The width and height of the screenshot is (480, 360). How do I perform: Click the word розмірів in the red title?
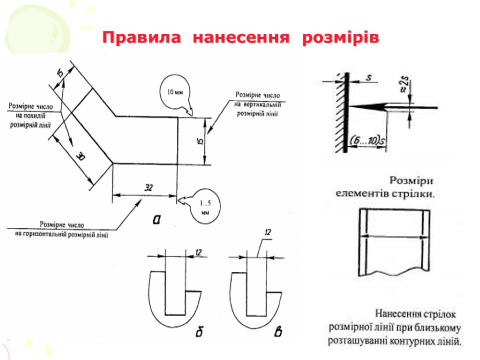click(340, 37)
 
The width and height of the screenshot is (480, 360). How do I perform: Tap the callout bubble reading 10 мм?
click(175, 92)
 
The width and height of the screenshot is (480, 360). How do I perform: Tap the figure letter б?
click(199, 332)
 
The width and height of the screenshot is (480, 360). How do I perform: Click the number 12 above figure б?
click(198, 253)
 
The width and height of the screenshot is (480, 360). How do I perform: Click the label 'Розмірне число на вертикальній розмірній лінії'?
click(257, 104)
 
